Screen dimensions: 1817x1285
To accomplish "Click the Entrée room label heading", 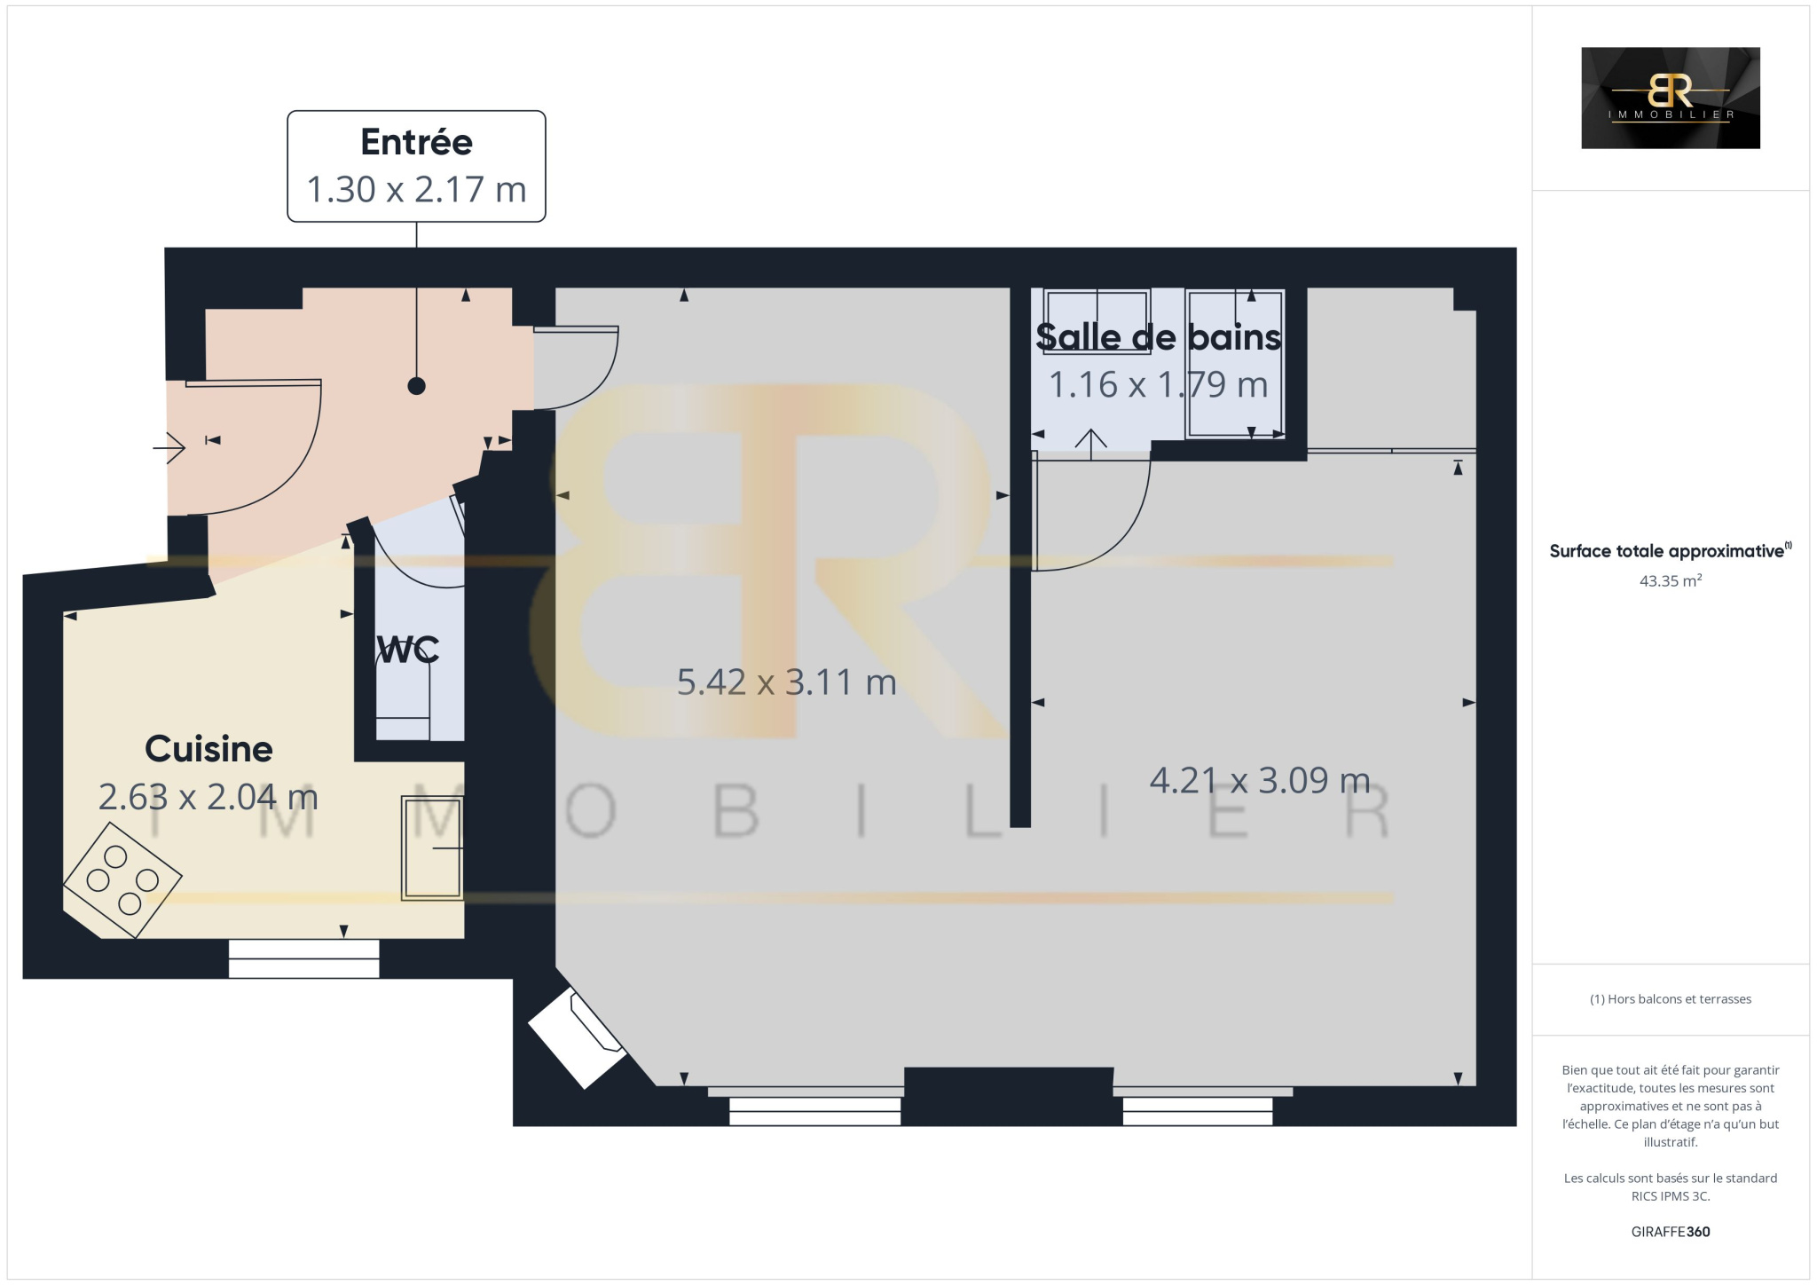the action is (416, 142).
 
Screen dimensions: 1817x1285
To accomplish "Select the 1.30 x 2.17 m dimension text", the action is (416, 189).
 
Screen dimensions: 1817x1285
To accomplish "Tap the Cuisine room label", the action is (208, 749).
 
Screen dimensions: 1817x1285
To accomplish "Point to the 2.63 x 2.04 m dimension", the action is (208, 797).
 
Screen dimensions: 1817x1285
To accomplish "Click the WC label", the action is (407, 650).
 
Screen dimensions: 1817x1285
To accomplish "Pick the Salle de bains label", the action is (1158, 337).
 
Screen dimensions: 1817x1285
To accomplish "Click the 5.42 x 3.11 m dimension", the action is (786, 682).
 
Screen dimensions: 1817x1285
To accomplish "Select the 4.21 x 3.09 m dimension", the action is (1260, 780).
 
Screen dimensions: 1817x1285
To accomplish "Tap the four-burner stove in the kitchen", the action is (122, 879).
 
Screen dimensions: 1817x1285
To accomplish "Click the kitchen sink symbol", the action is (432, 848).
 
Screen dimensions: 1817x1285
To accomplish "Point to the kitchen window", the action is (303, 958).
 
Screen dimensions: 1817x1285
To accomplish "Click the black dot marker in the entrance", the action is (416, 386).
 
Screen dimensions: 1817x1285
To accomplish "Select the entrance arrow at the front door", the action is (169, 448).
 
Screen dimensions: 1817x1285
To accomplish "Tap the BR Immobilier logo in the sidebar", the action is (1670, 98).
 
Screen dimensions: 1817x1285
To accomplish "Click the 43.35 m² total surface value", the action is (1670, 581).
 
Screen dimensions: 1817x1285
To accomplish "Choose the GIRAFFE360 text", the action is (1670, 1232).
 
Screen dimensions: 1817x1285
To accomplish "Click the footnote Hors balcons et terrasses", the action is (1670, 999).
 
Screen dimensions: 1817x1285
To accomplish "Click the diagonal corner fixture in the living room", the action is (578, 1037).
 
